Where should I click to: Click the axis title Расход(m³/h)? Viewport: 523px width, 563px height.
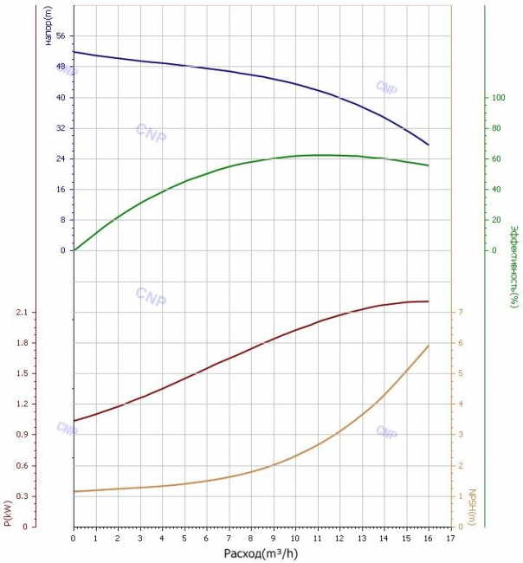[261, 553]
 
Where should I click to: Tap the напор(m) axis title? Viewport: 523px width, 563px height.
[48, 25]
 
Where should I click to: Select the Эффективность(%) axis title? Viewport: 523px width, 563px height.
[514, 267]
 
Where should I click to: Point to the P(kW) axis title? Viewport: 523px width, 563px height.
[8, 513]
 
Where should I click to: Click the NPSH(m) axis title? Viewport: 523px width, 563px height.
[472, 507]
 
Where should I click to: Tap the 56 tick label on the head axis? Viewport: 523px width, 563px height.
[61, 36]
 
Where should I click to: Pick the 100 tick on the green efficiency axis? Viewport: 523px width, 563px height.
[498, 97]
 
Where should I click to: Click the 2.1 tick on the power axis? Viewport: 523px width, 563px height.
[22, 312]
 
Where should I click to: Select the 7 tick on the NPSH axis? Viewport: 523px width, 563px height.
[461, 312]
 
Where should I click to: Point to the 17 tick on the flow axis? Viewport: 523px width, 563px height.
[450, 538]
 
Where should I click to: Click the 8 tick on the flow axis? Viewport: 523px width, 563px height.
[250, 538]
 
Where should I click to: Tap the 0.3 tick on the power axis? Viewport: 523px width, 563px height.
[22, 495]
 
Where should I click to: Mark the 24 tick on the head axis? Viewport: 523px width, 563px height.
[61, 159]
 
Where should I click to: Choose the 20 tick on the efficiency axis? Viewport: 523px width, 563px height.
[496, 220]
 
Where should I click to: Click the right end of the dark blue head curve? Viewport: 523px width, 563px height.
[429, 145]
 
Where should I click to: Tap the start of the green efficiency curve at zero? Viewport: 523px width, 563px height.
[74, 250]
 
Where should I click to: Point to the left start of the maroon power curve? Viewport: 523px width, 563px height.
[74, 420]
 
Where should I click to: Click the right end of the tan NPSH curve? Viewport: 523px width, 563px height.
[429, 346]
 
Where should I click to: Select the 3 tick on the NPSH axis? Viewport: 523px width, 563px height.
[461, 434]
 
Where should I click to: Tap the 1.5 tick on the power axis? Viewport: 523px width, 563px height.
[22, 373]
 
